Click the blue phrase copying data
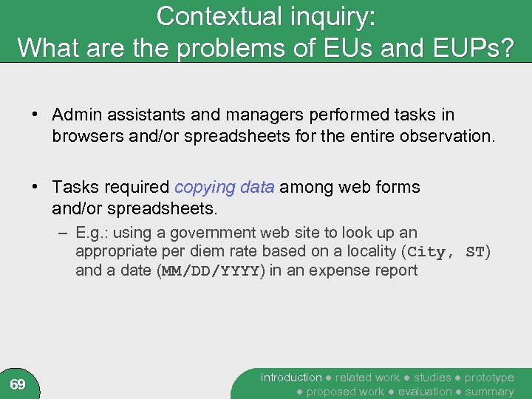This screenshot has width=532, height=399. point(225,188)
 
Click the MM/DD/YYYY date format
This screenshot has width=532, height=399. point(208,270)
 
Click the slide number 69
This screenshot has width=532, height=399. point(18,384)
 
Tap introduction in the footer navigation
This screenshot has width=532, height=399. point(291,378)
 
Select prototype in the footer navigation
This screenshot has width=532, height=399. point(489,378)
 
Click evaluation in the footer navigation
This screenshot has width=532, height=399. point(425,392)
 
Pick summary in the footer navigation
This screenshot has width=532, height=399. point(489,392)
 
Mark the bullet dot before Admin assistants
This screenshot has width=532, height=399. point(35,115)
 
